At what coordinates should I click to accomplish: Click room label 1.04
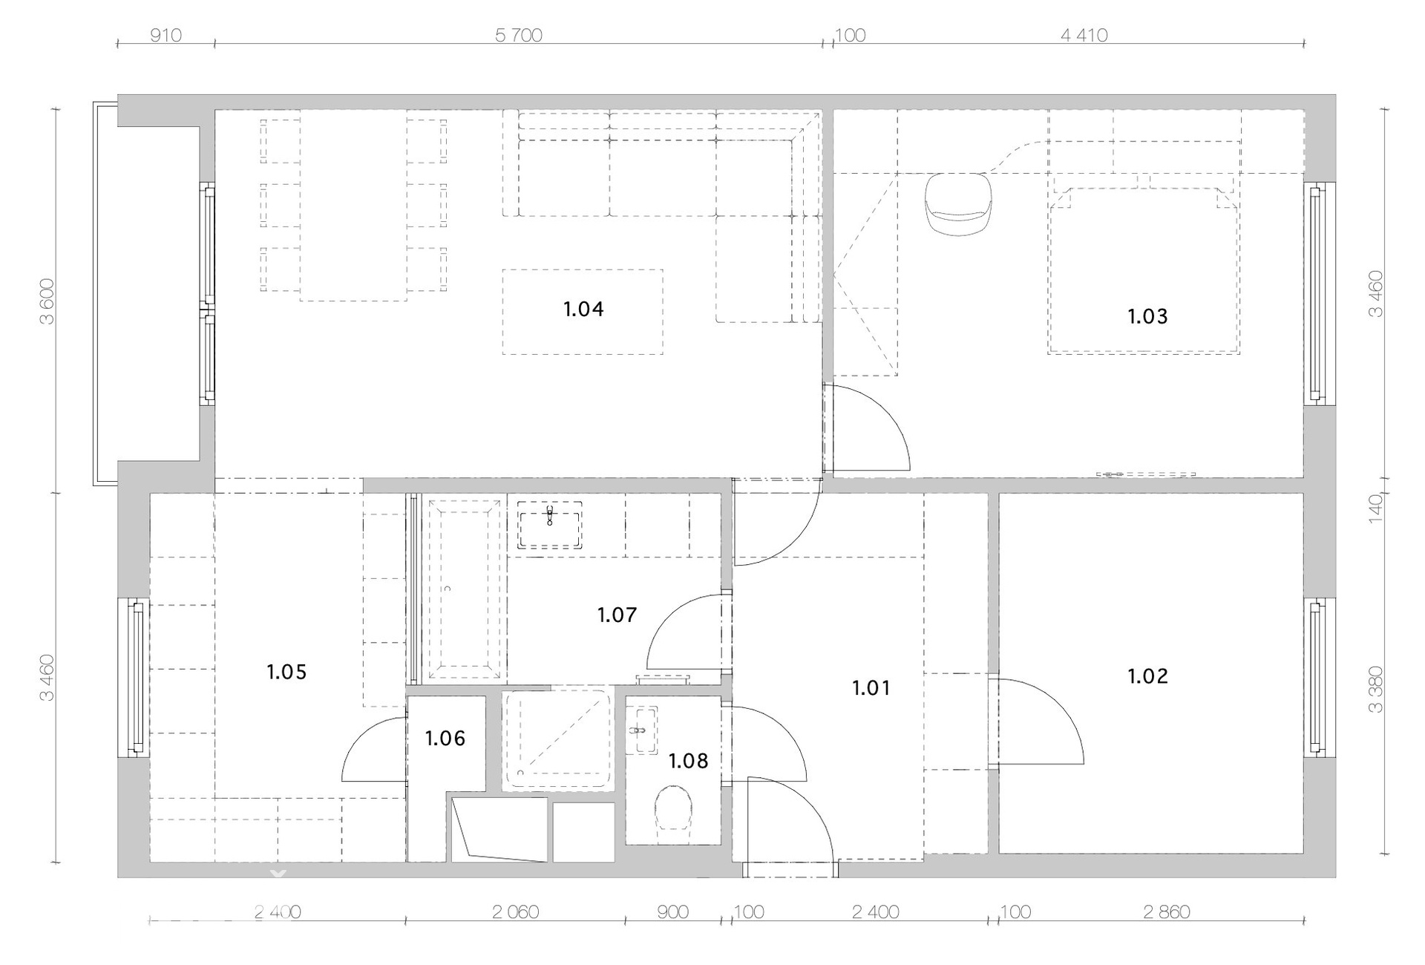[583, 309]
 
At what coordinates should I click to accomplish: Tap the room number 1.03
[1147, 317]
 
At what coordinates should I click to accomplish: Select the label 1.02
[1147, 676]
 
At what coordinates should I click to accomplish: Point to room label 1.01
[871, 688]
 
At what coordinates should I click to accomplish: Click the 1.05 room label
[286, 673]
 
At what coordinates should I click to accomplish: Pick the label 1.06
[445, 739]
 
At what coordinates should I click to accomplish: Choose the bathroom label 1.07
[617, 615]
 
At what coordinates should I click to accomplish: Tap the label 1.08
[688, 761]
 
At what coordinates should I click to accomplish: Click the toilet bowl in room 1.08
[673, 808]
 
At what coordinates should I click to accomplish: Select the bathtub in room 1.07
[465, 589]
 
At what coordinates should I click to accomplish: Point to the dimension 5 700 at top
[519, 35]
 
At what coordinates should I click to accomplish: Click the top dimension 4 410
[1084, 35]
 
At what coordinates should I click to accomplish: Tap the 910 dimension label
[166, 35]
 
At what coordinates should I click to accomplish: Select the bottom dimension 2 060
[516, 912]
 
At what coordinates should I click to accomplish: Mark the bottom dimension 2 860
[1167, 912]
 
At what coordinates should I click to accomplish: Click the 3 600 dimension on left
[47, 301]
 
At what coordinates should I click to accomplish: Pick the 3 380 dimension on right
[1375, 690]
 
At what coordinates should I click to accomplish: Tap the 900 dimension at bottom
[672, 912]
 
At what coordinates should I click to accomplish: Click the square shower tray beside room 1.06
[557, 739]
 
